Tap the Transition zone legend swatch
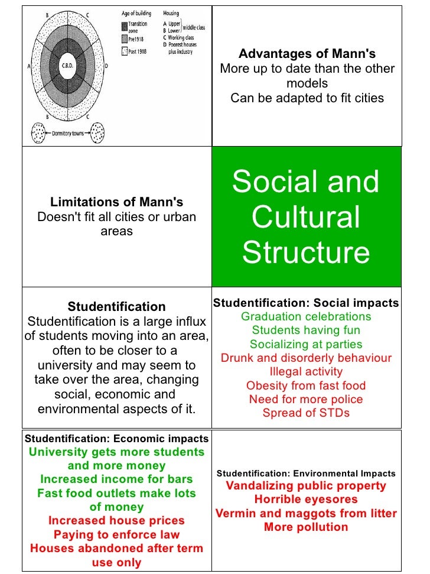click(124, 26)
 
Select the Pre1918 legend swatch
click(124, 39)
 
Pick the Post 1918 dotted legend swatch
click(124, 51)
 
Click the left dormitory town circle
click(39, 132)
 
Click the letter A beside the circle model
click(29, 67)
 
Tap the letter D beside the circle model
click(106, 67)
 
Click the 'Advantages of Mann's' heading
click(307, 54)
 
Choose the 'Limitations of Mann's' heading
click(116, 202)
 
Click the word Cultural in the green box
click(305, 217)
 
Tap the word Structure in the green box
click(305, 252)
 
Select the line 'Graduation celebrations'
click(306, 316)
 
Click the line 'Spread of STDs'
click(306, 413)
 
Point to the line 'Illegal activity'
click(306, 372)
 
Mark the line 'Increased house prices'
click(116, 521)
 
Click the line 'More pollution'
click(306, 527)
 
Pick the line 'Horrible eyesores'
click(306, 500)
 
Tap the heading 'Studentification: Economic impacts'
click(116, 439)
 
